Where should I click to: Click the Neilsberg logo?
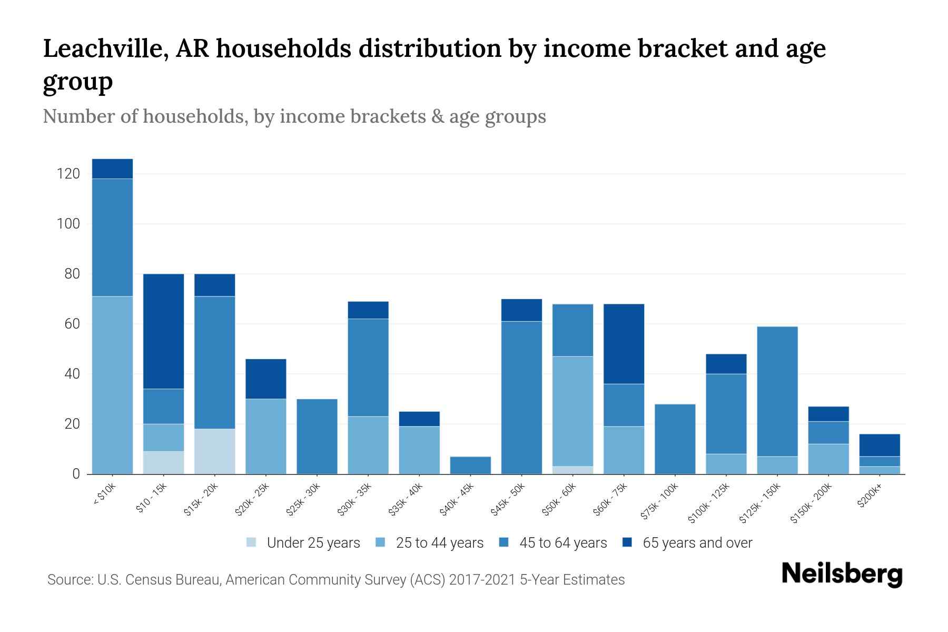coord(842,574)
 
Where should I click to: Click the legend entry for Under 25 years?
coord(313,543)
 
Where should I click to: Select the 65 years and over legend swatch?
coord(627,542)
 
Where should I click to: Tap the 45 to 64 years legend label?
coord(562,543)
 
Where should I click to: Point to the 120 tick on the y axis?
coord(68,174)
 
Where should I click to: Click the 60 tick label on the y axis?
coord(72,324)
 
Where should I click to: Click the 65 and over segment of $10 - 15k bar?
coord(163,331)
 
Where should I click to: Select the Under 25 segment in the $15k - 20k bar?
coord(214,451)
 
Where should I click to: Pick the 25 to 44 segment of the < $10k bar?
coord(112,385)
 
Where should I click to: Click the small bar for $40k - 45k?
coord(470,465)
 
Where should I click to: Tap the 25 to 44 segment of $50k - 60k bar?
coord(572,411)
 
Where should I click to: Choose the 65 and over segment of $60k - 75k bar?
coord(624,344)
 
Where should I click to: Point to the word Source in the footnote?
coord(68,580)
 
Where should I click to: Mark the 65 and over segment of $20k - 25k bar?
coord(265,379)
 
